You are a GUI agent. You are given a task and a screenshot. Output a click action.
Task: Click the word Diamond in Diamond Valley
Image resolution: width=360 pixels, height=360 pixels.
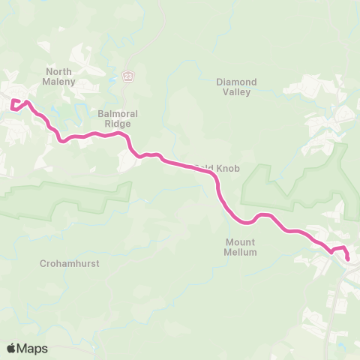click(x=236, y=82)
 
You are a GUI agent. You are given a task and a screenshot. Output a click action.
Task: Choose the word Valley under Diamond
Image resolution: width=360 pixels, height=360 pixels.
click(x=236, y=92)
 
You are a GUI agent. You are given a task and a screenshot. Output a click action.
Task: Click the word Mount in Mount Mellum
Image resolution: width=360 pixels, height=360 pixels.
click(x=241, y=242)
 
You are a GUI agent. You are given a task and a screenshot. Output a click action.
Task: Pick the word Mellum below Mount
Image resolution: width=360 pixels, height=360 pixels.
click(x=241, y=253)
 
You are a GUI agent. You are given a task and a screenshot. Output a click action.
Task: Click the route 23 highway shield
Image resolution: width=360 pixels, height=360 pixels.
click(x=129, y=76)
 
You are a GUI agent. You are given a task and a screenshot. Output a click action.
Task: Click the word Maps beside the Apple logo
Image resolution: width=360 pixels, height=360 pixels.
click(x=33, y=348)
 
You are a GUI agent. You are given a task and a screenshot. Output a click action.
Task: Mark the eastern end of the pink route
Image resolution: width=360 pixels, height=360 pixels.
click(x=347, y=259)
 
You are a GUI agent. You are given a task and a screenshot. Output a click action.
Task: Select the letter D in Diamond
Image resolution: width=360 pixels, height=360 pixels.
click(x=220, y=82)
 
